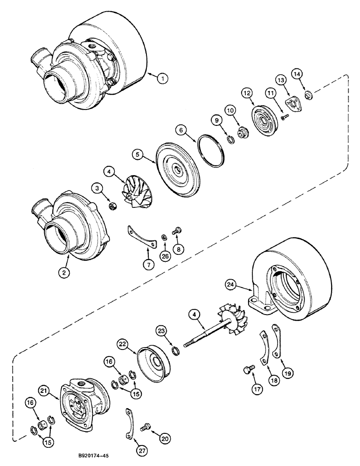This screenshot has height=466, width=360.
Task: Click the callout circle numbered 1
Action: tap(162, 79)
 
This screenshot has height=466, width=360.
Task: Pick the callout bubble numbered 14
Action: tap(297, 74)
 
